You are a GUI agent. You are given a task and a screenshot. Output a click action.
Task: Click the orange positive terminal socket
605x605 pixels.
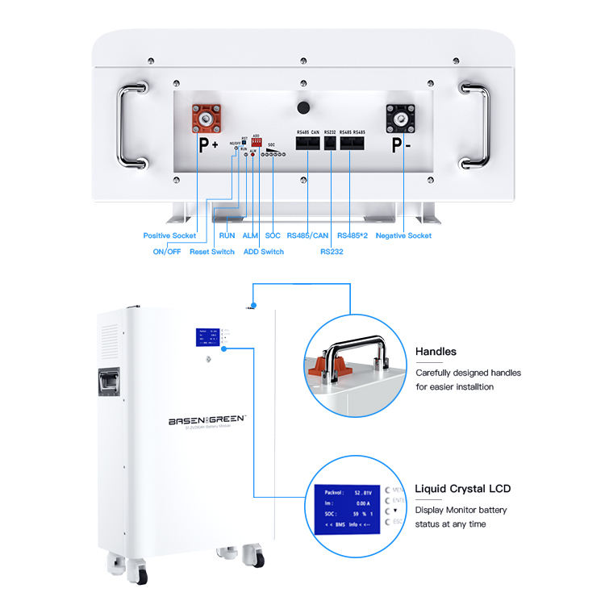[x=206, y=119]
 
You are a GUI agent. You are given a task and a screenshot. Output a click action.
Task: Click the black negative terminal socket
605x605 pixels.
[x=401, y=119]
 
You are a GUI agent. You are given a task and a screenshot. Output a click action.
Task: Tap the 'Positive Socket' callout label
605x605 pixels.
[x=169, y=236]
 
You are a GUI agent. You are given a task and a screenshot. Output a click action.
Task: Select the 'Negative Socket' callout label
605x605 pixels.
[x=403, y=236]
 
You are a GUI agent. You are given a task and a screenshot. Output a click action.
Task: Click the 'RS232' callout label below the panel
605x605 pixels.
[x=332, y=252]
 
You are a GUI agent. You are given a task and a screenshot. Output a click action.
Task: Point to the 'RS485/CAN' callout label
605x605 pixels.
[x=307, y=236]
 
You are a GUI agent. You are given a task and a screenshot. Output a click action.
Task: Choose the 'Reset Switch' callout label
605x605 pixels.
[x=212, y=252]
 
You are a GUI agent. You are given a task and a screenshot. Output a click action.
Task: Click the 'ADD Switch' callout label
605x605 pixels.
[x=264, y=252]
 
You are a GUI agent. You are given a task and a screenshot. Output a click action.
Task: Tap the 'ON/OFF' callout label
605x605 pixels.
[x=167, y=252]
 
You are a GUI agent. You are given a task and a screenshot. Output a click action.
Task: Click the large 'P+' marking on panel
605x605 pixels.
[x=209, y=145]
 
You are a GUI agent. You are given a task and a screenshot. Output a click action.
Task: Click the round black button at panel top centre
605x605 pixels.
[x=304, y=107]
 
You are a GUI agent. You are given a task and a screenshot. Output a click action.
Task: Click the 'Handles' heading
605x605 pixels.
[x=436, y=352]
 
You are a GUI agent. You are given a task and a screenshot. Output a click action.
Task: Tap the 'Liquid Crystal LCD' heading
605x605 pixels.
[x=462, y=489]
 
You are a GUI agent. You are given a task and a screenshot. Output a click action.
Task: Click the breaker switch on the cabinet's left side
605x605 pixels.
[x=109, y=386]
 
